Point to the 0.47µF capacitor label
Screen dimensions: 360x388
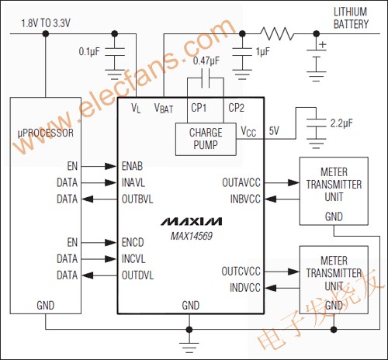tap(206, 61)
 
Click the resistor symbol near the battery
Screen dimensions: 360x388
tap(277, 34)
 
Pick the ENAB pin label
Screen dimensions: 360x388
tap(135, 166)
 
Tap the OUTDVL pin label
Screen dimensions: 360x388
tap(139, 275)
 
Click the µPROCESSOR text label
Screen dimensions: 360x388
tap(46, 133)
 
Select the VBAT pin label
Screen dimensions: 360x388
tap(164, 108)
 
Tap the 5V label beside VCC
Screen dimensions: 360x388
tap(274, 130)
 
